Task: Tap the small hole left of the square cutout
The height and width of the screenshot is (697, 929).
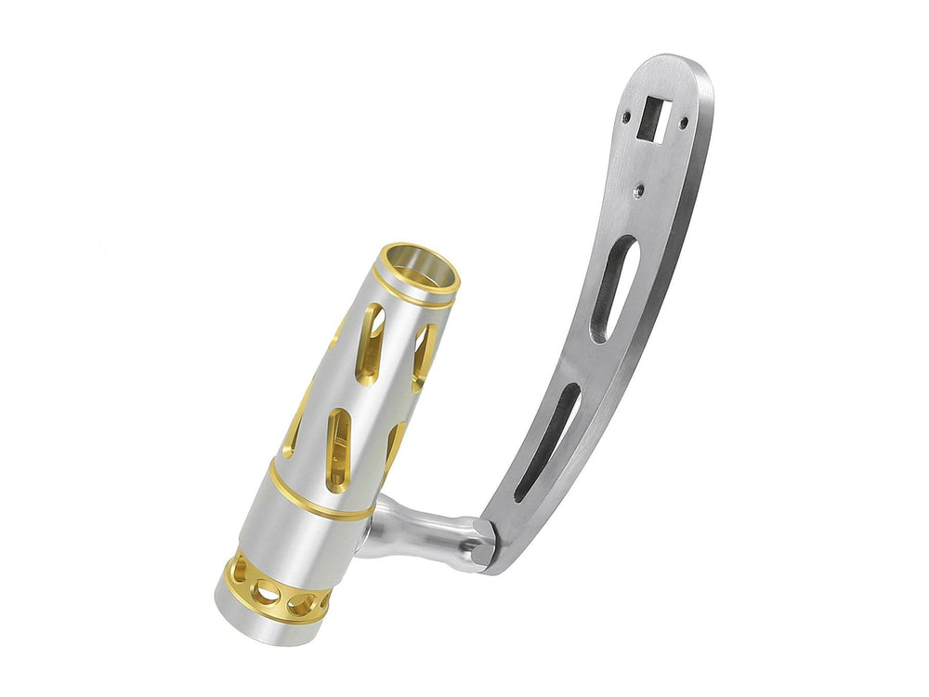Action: click(x=627, y=118)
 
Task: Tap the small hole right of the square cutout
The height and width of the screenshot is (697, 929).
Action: click(x=684, y=122)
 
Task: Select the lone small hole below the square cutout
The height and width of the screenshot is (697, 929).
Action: click(x=638, y=191)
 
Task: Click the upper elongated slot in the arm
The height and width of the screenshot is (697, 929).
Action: click(x=613, y=288)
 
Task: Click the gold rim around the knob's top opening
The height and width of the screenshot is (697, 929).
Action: click(x=420, y=253)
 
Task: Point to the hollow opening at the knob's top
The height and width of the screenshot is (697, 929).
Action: click(x=423, y=270)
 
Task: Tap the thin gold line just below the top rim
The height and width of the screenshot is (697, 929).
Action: click(x=409, y=296)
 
